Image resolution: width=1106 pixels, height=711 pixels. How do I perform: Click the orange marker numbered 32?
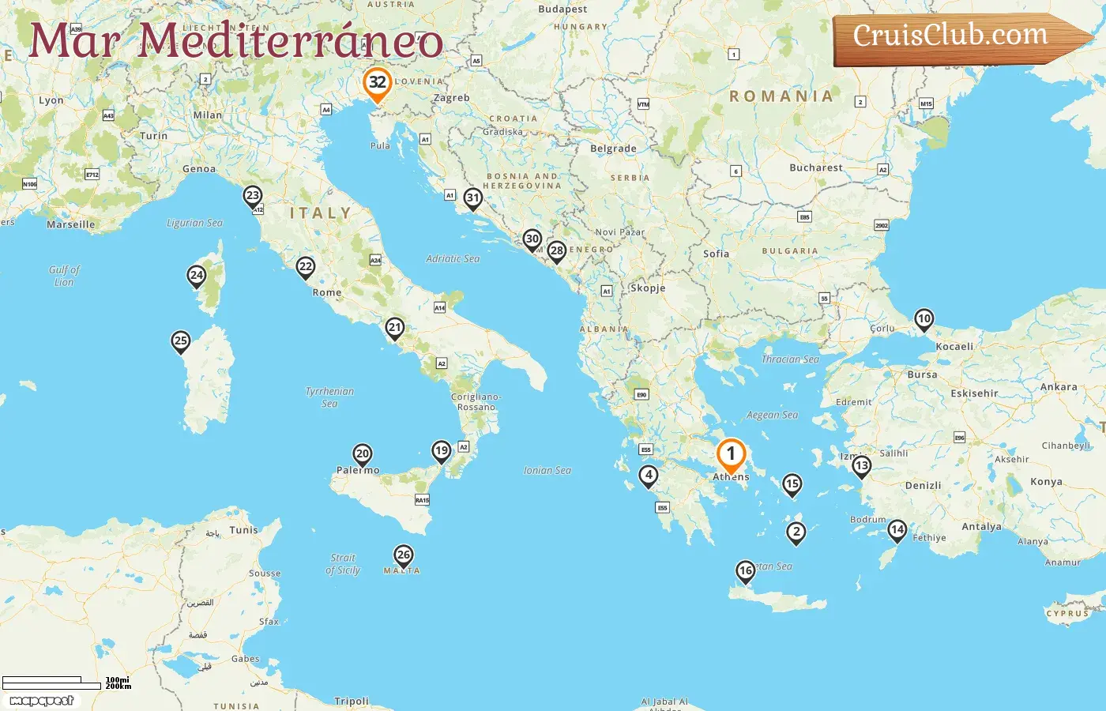coord(378,83)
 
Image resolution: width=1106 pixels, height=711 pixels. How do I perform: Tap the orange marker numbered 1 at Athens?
coord(731,454)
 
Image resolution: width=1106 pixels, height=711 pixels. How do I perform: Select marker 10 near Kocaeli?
coord(924,319)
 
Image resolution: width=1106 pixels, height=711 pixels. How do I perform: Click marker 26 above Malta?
coord(403,555)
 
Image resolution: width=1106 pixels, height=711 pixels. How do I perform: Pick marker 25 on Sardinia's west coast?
coord(181,341)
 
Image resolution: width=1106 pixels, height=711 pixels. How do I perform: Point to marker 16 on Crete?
coord(745,570)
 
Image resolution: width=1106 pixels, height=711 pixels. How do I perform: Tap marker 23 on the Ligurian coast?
coord(252,195)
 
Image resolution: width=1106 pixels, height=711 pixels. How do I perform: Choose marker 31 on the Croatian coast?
coord(472,197)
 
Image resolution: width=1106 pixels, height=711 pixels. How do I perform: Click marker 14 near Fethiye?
coord(897,529)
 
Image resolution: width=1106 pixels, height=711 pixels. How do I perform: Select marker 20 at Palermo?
coord(362,453)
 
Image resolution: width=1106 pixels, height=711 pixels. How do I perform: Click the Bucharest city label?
coord(815,167)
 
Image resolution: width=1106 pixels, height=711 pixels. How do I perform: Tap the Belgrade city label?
coord(613,149)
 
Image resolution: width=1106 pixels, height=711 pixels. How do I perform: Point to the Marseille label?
coord(70,224)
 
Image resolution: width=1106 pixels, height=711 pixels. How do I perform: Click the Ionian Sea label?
coord(547,470)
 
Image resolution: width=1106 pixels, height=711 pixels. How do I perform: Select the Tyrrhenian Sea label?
coord(329,397)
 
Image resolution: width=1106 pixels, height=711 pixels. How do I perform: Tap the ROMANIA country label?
coord(781,96)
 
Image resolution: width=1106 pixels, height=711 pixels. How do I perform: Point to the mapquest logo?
coord(42,701)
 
